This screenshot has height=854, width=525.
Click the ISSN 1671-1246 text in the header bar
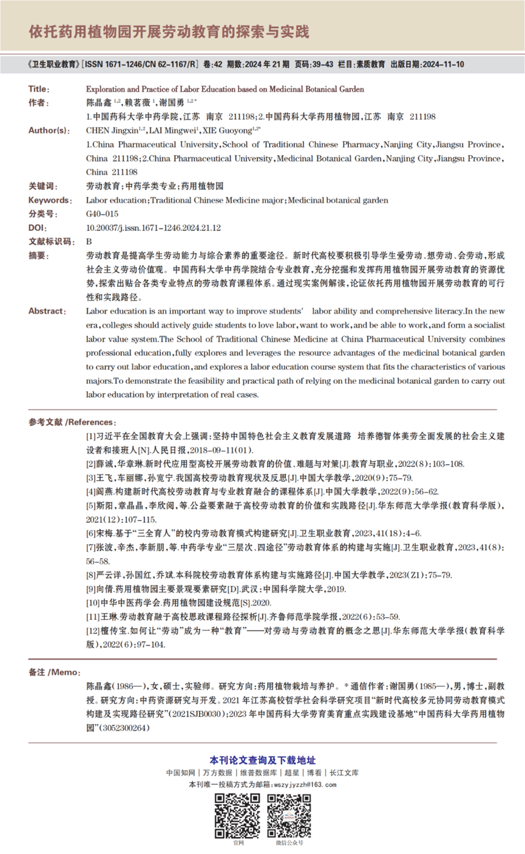point(110,64)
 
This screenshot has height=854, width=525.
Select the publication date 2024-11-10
point(441,64)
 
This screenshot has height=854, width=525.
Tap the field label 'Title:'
point(40,89)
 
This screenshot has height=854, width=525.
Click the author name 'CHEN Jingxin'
point(112,130)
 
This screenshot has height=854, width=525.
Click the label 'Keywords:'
point(49,200)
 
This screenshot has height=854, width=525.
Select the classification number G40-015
point(102,214)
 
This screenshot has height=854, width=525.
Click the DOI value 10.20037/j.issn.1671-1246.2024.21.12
point(154,228)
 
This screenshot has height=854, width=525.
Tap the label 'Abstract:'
point(47,311)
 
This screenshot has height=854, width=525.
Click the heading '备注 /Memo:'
point(54,672)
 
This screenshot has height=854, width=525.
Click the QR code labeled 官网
point(237,815)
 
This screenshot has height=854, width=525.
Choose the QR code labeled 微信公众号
point(289,815)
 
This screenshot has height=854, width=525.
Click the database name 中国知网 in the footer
point(180,773)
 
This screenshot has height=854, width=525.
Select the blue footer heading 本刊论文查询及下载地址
point(262,760)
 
